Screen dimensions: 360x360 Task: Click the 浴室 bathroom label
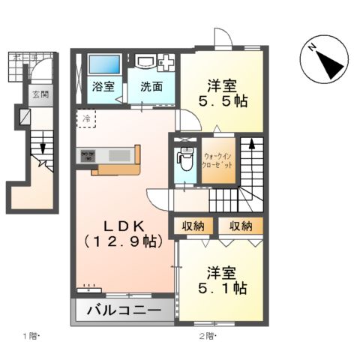(x=103, y=86)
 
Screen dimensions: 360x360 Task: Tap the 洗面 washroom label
(x=150, y=86)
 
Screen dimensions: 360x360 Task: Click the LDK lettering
(x=124, y=226)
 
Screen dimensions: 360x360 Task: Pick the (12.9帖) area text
(x=124, y=241)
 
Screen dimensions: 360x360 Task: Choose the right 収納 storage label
(x=241, y=226)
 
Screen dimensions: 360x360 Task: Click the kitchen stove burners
(x=86, y=156)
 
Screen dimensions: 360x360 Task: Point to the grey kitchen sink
(x=119, y=155)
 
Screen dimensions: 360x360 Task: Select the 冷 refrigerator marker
(x=86, y=118)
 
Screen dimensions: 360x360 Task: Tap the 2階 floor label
(x=204, y=335)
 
